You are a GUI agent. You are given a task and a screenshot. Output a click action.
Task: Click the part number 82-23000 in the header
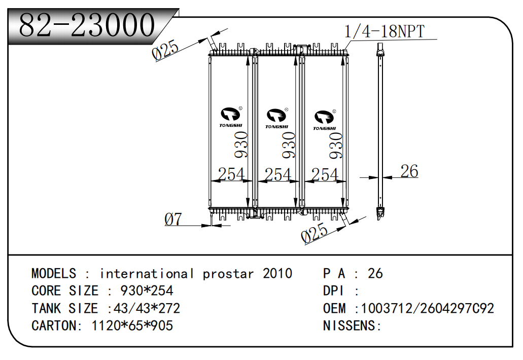click(x=86, y=25)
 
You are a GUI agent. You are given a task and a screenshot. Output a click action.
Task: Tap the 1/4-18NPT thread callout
click(x=384, y=31)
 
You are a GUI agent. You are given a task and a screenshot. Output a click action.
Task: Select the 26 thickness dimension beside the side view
click(x=409, y=171)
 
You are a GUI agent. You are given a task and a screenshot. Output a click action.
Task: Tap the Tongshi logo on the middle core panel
click(x=277, y=118)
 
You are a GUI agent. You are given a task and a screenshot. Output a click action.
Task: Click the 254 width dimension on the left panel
click(x=231, y=174)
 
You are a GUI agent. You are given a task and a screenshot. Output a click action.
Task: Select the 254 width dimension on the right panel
click(x=325, y=175)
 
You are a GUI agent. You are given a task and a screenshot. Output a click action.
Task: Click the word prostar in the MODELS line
click(x=228, y=274)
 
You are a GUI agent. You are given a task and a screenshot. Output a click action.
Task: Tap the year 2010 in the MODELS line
click(x=277, y=274)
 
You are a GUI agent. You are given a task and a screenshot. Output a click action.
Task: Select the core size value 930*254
click(x=147, y=291)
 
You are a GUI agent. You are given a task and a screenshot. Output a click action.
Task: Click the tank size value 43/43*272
click(x=147, y=308)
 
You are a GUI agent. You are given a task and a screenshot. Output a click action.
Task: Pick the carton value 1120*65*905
click(x=132, y=326)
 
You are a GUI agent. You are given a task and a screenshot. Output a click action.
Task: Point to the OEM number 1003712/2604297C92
click(x=428, y=308)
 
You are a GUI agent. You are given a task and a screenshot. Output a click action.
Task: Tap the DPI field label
click(x=333, y=291)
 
